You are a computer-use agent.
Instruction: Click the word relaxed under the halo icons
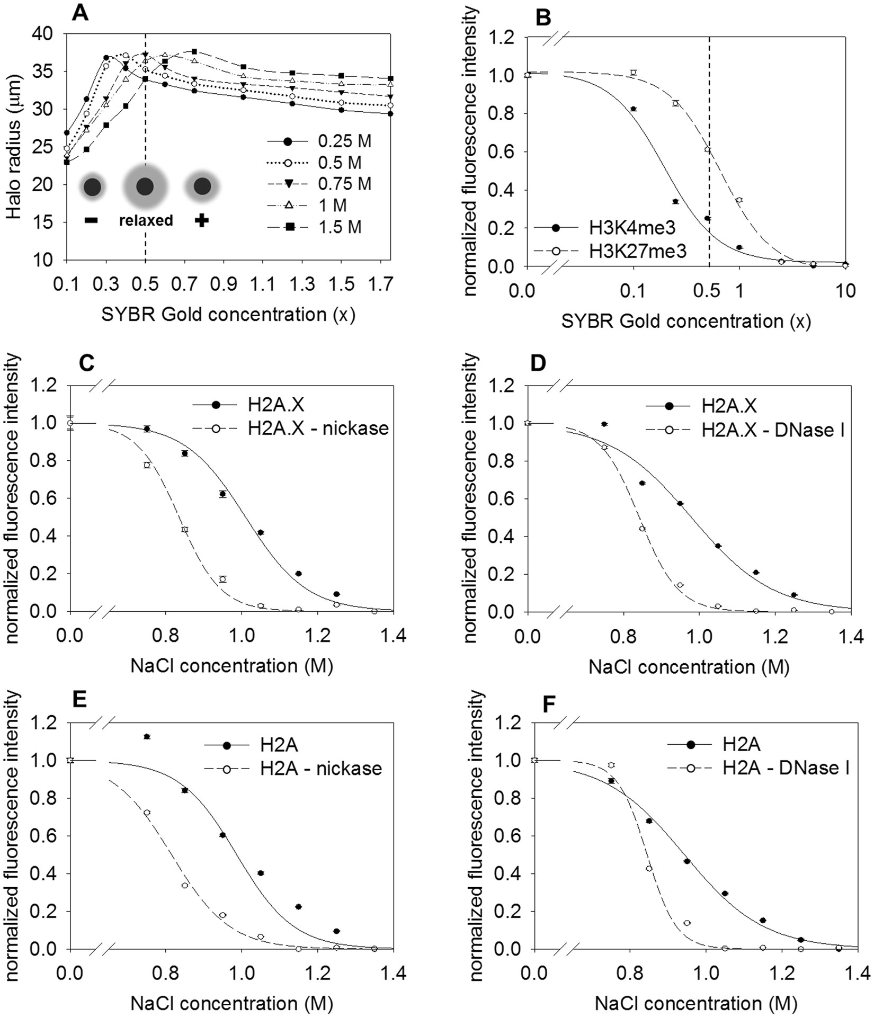tap(146, 220)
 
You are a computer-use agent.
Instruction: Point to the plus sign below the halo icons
tap(201, 221)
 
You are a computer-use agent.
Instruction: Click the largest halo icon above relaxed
tap(145, 186)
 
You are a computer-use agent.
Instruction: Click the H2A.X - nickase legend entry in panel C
tap(318, 428)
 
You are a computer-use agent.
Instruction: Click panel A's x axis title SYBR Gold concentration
tap(228, 315)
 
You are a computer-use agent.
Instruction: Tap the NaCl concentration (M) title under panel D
tap(689, 666)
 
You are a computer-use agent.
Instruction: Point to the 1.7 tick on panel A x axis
tap(380, 286)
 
